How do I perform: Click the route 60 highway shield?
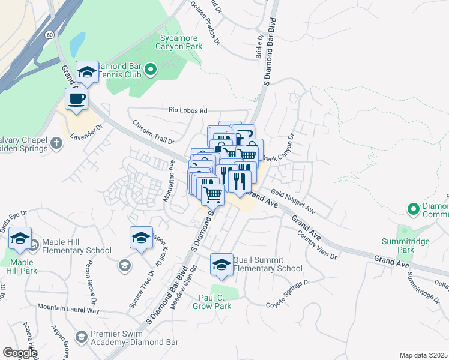point(49,35)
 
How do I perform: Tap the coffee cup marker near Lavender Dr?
point(76,98)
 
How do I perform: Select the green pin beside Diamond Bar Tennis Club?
point(151,71)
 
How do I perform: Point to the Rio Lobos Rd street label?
point(187,110)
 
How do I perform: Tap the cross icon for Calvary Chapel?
point(56,143)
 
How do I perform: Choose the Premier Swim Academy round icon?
point(81,336)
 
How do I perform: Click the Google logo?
point(20,353)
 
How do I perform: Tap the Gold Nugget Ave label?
point(293,201)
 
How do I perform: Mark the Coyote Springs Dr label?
point(288,292)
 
